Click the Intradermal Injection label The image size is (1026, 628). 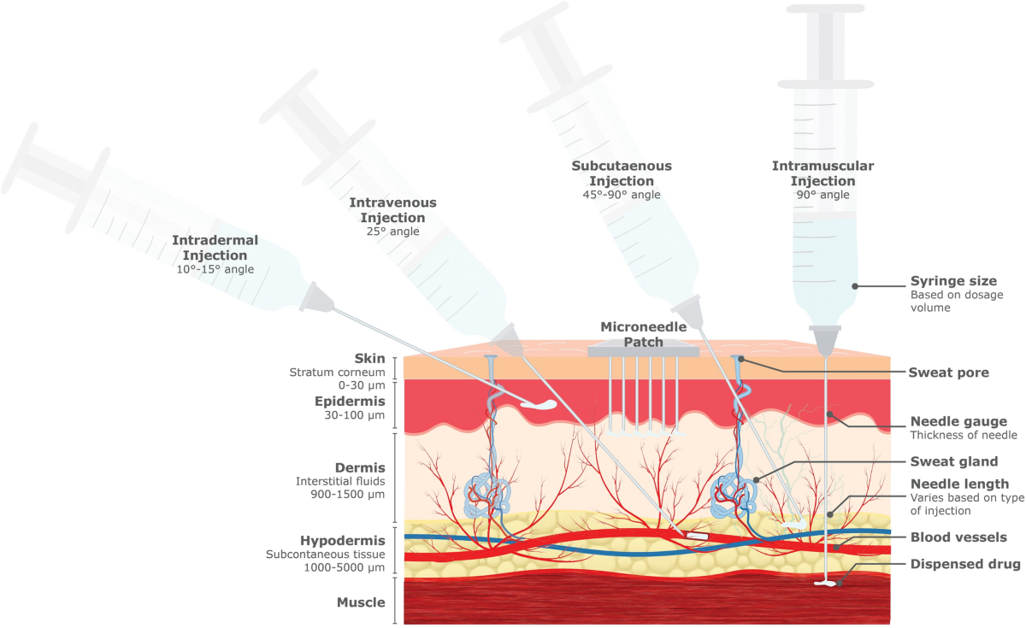[215, 248]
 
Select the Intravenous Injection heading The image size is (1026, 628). [392, 210]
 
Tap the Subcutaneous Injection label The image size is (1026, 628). [622, 173]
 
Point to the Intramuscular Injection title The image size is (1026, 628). [823, 173]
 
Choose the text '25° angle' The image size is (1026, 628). [392, 232]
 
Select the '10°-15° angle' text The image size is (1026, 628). [215, 270]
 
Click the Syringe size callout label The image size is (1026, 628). [953, 281]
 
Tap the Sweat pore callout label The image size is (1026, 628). [948, 373]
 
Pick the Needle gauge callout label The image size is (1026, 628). [958, 421]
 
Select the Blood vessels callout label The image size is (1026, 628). [958, 537]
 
